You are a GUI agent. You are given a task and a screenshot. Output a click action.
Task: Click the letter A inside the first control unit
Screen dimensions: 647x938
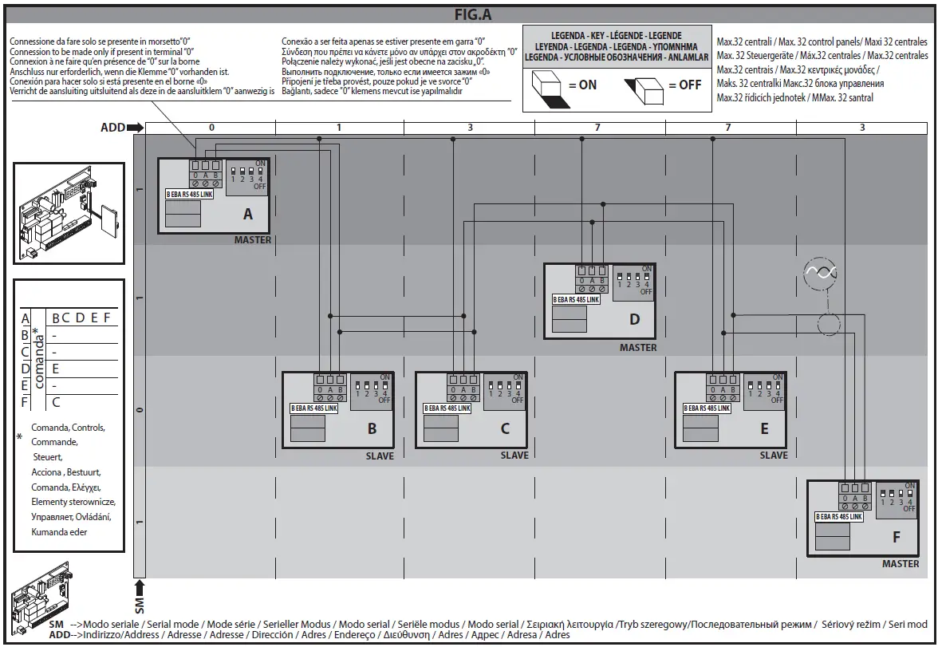point(248,214)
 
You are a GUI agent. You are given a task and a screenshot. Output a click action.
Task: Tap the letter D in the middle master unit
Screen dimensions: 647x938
point(635,319)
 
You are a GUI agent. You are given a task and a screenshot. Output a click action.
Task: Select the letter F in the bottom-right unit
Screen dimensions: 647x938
point(897,537)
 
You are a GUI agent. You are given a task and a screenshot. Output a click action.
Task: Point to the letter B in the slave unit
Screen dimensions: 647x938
point(372,428)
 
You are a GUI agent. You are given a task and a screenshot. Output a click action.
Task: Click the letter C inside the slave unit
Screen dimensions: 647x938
point(505,428)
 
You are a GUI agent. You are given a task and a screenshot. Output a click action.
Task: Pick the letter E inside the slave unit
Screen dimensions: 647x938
point(764,428)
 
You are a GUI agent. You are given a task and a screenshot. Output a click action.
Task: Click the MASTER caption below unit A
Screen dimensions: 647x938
point(253,240)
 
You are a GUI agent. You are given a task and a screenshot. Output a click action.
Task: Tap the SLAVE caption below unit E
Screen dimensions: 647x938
point(773,456)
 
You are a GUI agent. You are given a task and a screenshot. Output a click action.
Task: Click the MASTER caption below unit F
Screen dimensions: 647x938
point(901,564)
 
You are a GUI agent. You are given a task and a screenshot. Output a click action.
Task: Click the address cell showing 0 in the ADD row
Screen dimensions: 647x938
point(211,127)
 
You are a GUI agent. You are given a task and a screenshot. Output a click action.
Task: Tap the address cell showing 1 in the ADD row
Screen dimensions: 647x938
point(339,127)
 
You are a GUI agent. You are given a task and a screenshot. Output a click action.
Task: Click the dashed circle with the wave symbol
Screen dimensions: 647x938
point(821,272)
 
